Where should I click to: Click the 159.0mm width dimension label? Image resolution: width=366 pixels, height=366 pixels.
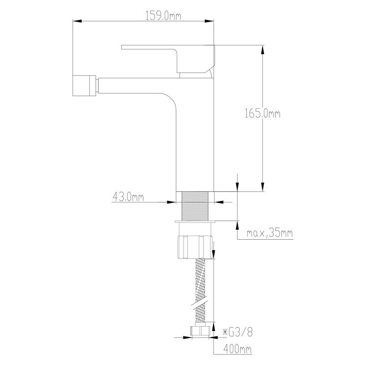pos(163,16)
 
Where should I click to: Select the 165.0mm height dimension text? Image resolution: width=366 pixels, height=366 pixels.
pos(262,114)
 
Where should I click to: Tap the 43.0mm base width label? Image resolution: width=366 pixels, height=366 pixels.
pos(128,197)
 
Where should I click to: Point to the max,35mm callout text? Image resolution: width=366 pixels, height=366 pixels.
pos(270,233)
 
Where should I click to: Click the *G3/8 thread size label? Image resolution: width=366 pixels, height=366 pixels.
pos(238,332)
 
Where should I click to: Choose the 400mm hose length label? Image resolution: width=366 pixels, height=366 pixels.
pos(238,349)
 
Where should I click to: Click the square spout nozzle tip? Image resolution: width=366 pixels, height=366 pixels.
pos(84,85)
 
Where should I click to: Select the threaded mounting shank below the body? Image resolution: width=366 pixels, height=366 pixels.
pos(195,206)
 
